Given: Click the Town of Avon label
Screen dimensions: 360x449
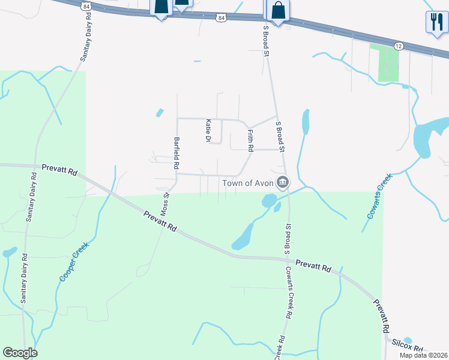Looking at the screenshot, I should [x=248, y=182].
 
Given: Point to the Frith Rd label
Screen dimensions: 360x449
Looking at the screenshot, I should [x=250, y=140].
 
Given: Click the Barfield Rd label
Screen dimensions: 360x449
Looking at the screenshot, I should [x=176, y=152].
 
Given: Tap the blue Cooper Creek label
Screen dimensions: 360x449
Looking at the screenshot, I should [x=73, y=262].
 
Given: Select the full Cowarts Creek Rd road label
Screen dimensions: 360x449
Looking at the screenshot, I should [x=289, y=292].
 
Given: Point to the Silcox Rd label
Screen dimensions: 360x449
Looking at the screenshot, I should [x=408, y=346].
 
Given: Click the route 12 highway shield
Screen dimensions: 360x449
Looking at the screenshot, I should [x=399, y=46].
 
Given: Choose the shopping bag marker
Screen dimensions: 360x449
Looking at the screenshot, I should [x=277, y=10].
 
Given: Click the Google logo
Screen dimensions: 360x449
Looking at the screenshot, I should [x=20, y=353].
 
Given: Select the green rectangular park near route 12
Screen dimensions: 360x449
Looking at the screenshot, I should [x=388, y=63].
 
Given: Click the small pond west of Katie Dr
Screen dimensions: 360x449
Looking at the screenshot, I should [x=160, y=112].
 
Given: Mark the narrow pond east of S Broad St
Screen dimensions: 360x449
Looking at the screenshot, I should [x=306, y=122].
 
